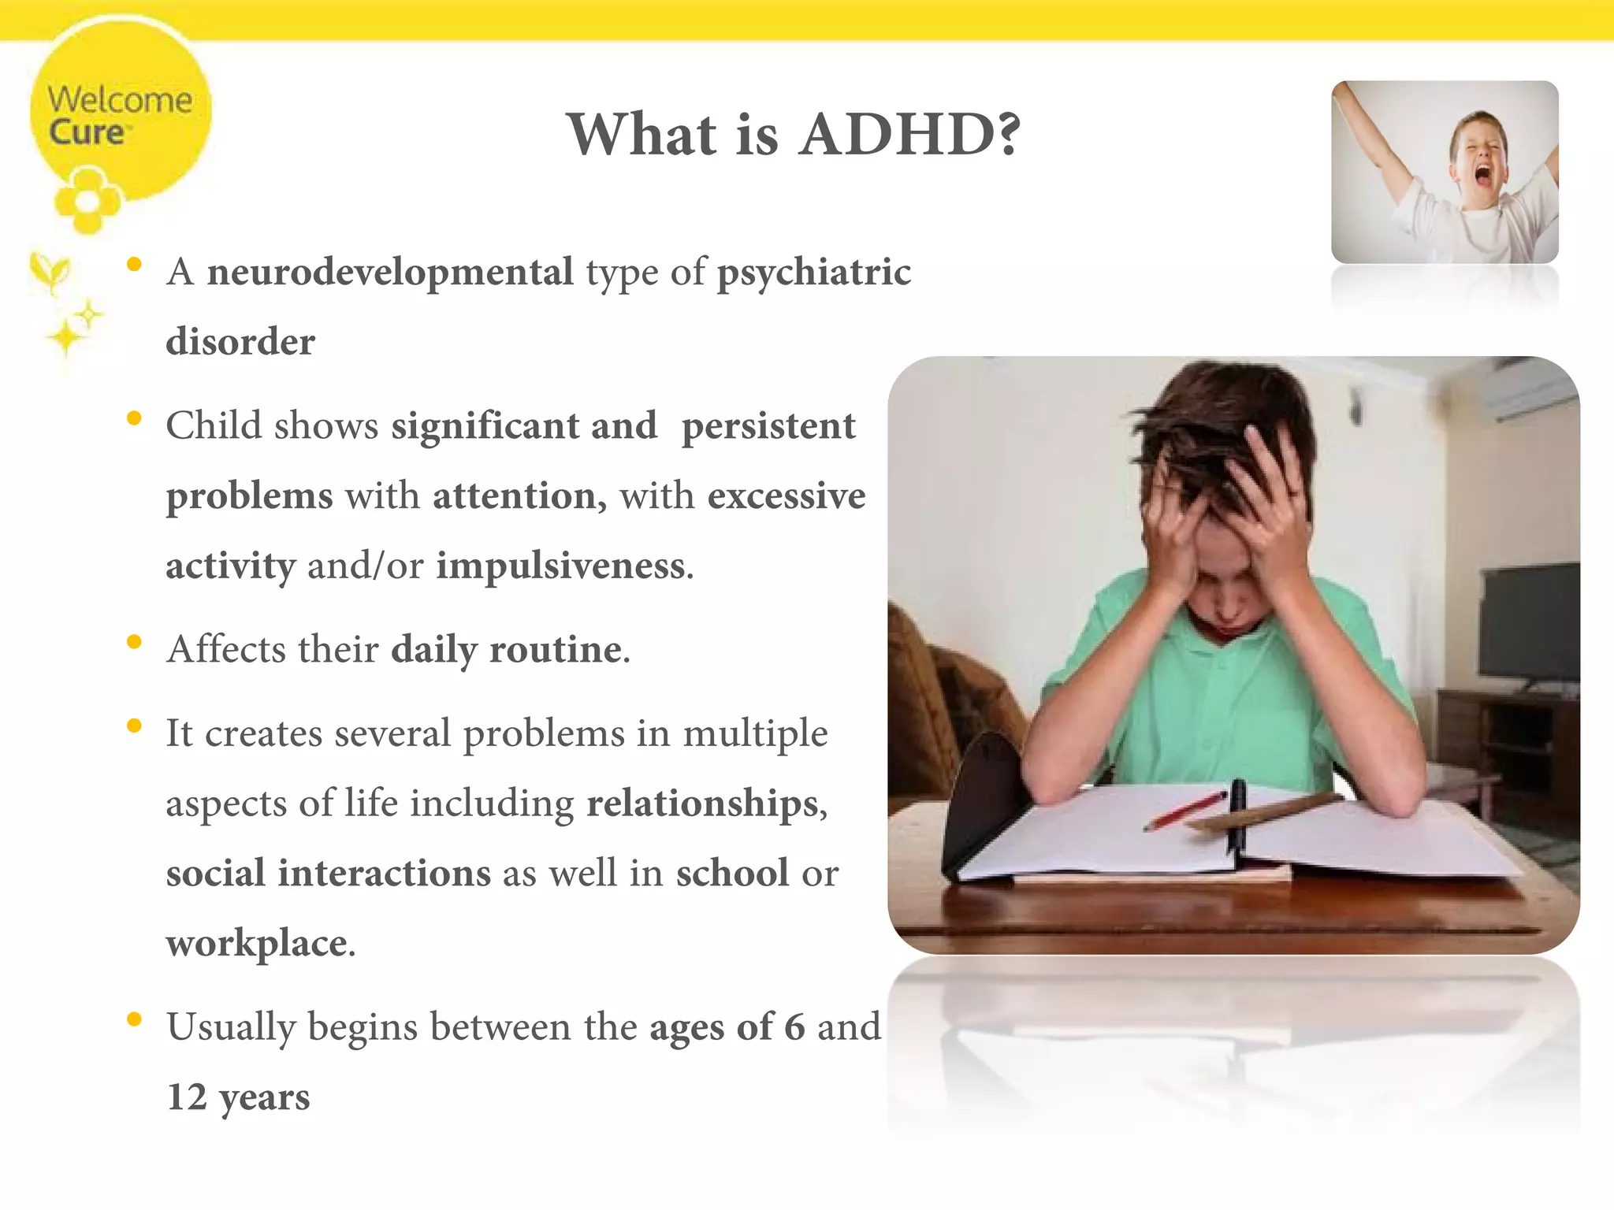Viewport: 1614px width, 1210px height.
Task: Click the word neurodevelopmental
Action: point(390,273)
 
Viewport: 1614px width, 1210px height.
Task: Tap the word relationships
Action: point(705,804)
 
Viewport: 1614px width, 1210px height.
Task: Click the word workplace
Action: point(257,944)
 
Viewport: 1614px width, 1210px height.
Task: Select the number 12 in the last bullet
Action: point(187,1097)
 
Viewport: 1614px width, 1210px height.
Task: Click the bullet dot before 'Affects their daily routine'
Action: point(134,642)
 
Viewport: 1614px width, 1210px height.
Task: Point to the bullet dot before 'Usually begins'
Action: point(134,1019)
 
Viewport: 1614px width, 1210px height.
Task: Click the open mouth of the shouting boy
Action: point(1482,175)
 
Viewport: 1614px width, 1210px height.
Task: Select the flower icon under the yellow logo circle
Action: point(87,202)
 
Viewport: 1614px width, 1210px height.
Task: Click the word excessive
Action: point(786,496)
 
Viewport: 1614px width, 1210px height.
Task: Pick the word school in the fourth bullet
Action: point(732,873)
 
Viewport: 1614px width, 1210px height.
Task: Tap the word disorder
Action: point(240,342)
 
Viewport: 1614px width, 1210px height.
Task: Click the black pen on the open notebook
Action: point(1238,811)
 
